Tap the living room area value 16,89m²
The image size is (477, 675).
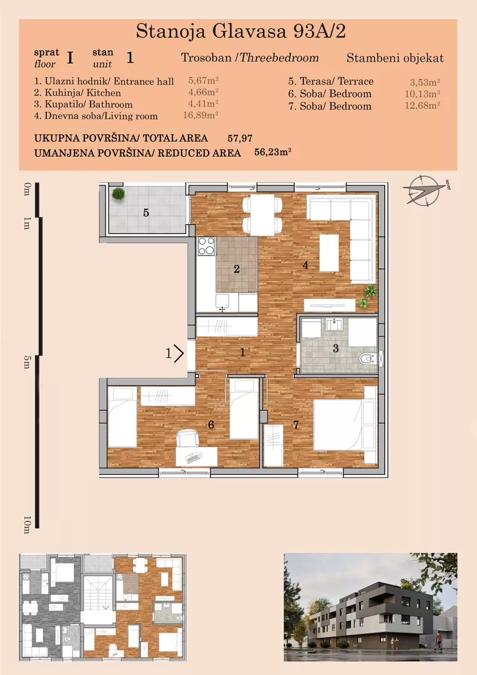[x=203, y=116]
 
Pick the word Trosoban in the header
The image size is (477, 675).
[x=207, y=58]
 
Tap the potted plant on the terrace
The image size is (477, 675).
[x=118, y=194]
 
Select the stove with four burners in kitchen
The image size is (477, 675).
[x=206, y=247]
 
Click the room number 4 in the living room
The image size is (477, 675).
[x=305, y=266]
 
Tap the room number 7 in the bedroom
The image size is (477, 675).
[x=296, y=426]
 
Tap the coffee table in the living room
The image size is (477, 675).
[x=329, y=254]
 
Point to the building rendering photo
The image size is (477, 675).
[x=370, y=607]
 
